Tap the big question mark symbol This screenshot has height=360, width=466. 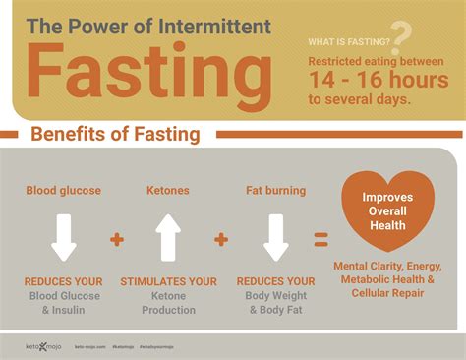tap(399, 33)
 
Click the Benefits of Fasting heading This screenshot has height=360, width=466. tap(116, 134)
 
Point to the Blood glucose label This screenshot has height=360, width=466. tap(64, 190)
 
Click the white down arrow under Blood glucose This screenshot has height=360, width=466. tap(64, 237)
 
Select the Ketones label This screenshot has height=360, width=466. tap(167, 190)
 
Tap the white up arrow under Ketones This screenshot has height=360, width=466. tap(168, 237)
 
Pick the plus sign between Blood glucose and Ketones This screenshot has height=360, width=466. tap(117, 239)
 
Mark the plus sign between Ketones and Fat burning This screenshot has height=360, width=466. tap(221, 239)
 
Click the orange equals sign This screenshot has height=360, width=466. tap(320, 239)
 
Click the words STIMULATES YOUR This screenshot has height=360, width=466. tap(168, 282)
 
